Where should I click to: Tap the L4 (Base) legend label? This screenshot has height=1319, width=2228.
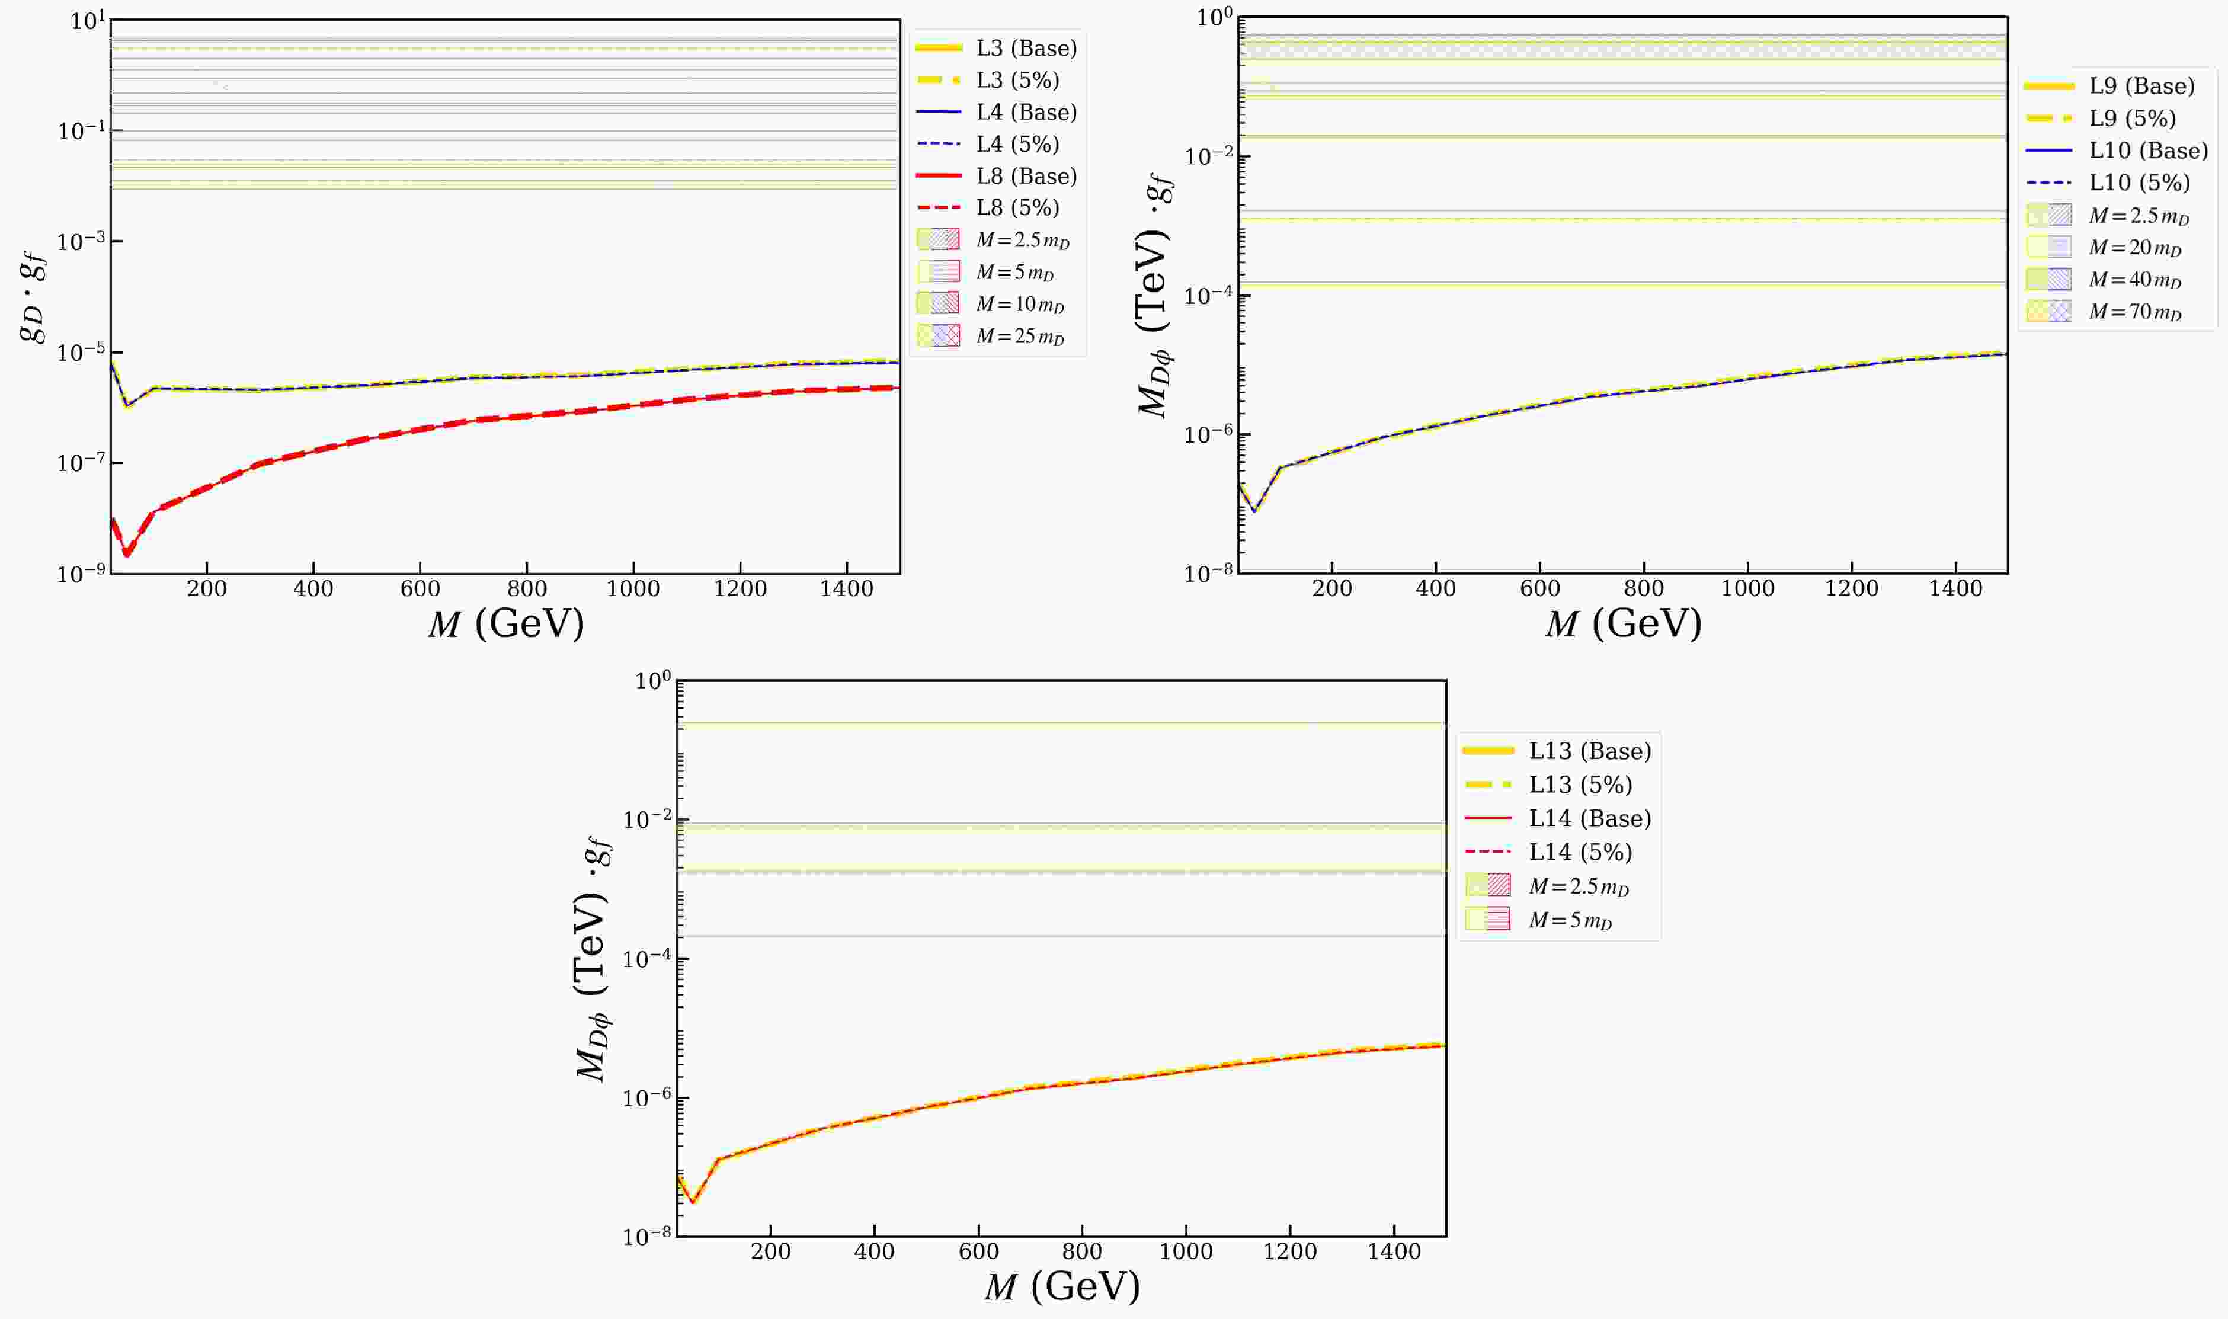tap(1026, 112)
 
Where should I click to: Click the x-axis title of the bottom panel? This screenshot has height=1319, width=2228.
tap(1062, 1286)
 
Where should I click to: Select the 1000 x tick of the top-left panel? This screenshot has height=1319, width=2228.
tap(633, 589)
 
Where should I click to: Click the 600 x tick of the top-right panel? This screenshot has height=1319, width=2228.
tap(1539, 589)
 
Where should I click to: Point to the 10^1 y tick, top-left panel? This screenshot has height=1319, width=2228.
tap(87, 20)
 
